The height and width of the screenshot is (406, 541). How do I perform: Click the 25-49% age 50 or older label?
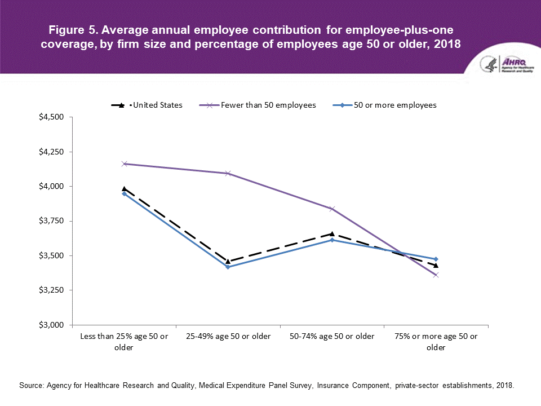228,337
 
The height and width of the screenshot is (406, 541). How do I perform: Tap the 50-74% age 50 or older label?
332,337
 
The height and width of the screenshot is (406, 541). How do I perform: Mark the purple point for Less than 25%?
124,164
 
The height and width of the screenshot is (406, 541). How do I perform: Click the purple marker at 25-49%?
228,173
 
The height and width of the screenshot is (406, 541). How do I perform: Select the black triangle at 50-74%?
332,233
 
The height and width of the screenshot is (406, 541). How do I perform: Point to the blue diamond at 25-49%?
228,267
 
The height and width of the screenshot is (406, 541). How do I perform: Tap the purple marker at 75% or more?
436,275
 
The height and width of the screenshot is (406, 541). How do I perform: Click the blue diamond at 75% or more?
436,259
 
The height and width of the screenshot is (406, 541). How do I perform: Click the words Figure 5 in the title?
69,29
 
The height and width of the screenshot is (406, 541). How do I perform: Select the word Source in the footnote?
32,386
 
